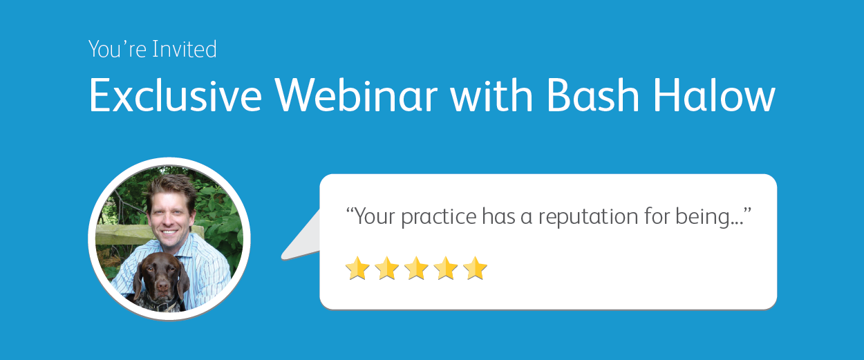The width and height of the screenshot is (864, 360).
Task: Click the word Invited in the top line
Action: pyautogui.click(x=185, y=49)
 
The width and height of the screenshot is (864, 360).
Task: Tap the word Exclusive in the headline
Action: pyautogui.click(x=176, y=95)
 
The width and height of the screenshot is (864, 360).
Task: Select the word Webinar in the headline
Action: pyautogui.click(x=357, y=95)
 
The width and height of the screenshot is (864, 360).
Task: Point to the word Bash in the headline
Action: pyautogui.click(x=593, y=95)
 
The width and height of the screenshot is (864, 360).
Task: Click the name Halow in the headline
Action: pyautogui.click(x=714, y=95)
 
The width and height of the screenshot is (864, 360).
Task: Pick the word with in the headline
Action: pyautogui.click(x=491, y=95)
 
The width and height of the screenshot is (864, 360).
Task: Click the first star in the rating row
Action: pyautogui.click(x=357, y=268)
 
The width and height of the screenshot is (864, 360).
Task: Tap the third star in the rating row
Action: pyautogui.click(x=416, y=268)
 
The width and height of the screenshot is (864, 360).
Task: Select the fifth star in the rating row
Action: pyautogui.click(x=476, y=268)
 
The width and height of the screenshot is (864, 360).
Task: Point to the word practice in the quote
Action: pyautogui.click(x=438, y=216)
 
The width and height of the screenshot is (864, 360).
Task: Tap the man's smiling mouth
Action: pyautogui.click(x=169, y=232)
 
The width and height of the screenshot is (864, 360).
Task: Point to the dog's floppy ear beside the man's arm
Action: pyautogui.click(x=184, y=279)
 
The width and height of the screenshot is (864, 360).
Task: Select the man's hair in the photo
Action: pyautogui.click(x=171, y=189)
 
